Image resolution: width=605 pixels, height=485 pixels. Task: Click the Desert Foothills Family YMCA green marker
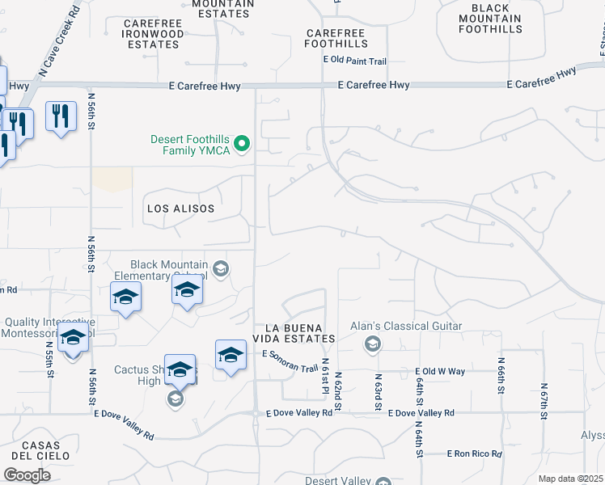pyautogui.click(x=241, y=145)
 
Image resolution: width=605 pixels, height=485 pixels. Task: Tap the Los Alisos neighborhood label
pyautogui.click(x=180, y=209)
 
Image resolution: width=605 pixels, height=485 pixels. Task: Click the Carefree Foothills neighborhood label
pyautogui.click(x=337, y=39)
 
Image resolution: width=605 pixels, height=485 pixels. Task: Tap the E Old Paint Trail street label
pyautogui.click(x=355, y=61)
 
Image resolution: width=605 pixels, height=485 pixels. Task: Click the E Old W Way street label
pyautogui.click(x=440, y=372)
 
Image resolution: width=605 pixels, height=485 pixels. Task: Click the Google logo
pyautogui.click(x=27, y=474)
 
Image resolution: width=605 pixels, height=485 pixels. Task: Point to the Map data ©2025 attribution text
pyautogui.click(x=570, y=479)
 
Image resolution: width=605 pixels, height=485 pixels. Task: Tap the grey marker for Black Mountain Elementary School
pyautogui.click(x=220, y=268)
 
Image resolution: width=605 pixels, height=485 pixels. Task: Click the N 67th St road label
pyautogui.click(x=544, y=399)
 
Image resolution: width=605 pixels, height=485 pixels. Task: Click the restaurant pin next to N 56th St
pyautogui.click(x=61, y=116)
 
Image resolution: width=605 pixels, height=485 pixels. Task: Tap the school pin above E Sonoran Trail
pyautogui.click(x=231, y=354)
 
